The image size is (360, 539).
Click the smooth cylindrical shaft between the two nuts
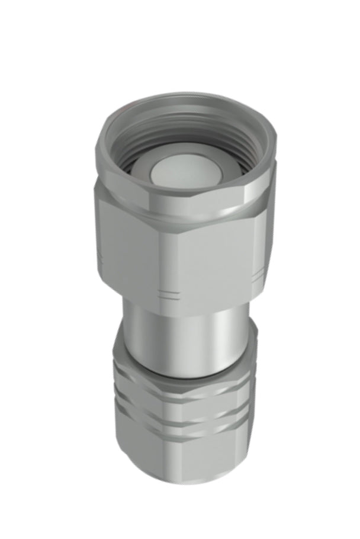pos(178,338)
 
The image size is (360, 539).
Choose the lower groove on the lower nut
pos(178,428)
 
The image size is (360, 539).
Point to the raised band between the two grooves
pos(178,413)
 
